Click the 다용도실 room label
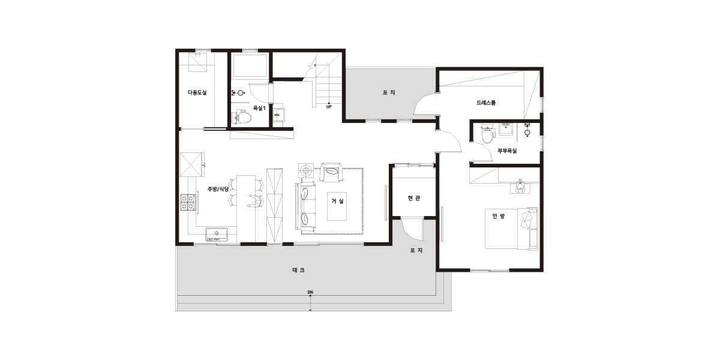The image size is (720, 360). click(x=197, y=92)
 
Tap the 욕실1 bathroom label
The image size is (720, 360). click(x=259, y=108)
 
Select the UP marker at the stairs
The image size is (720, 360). click(x=329, y=107)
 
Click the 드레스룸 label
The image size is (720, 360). click(x=485, y=103)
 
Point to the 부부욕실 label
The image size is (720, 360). click(x=507, y=151)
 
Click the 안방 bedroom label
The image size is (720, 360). click(x=498, y=217)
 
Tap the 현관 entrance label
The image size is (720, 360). click(x=413, y=199)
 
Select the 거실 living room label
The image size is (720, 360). click(x=337, y=201)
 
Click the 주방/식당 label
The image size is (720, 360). click(x=218, y=189)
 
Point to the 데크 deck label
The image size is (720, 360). click(x=298, y=271)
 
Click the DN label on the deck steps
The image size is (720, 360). click(x=310, y=292)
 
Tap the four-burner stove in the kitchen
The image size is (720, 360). click(x=188, y=202)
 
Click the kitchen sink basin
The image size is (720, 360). click(x=217, y=233)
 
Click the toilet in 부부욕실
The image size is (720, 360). click(x=487, y=135)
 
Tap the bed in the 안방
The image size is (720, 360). click(x=511, y=229)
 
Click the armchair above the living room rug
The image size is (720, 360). click(x=331, y=172)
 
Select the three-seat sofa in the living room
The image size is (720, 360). click(x=305, y=206)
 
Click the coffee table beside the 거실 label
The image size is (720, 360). click(x=337, y=206)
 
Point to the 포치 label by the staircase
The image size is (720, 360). click(x=389, y=92)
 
